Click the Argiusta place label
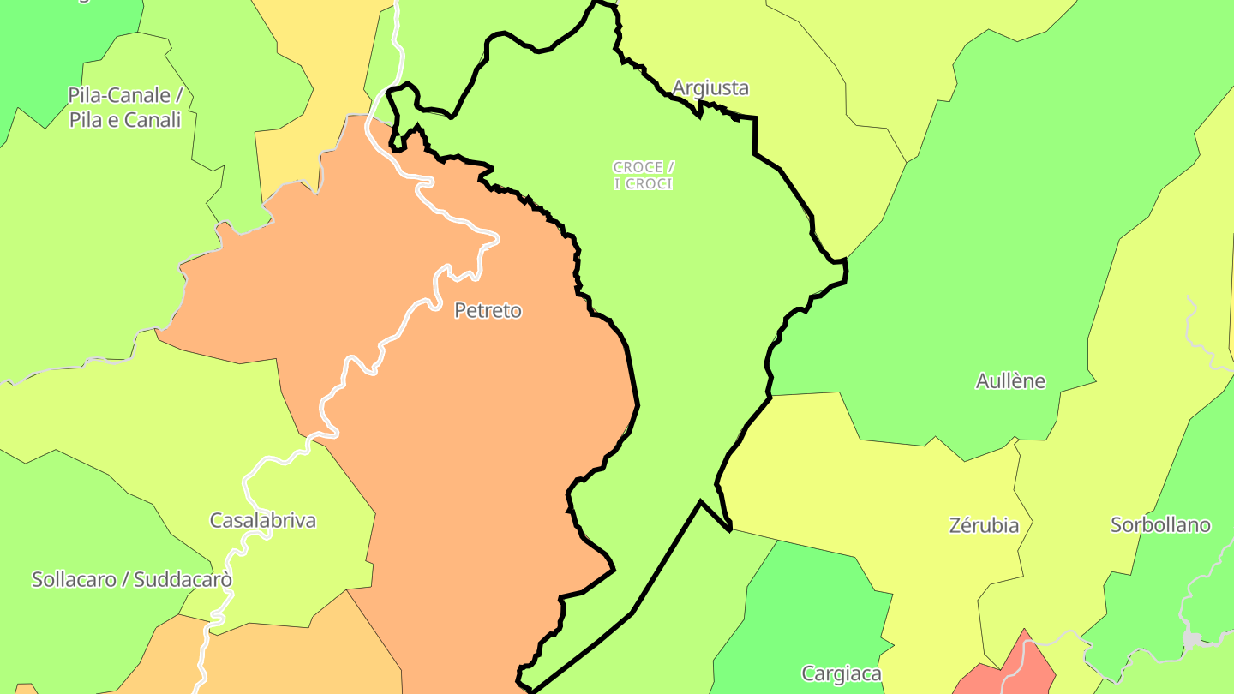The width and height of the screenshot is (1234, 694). [x=710, y=87]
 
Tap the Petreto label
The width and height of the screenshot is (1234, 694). [x=488, y=310]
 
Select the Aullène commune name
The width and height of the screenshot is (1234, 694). [x=1010, y=381]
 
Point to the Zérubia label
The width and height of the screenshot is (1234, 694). [x=984, y=525]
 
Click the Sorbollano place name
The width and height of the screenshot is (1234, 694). [x=1160, y=525]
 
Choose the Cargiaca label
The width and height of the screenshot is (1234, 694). [x=841, y=674]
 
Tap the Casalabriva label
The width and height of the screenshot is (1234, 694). [x=263, y=520]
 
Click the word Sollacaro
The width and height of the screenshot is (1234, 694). [x=74, y=579]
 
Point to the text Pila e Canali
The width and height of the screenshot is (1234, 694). [x=125, y=120]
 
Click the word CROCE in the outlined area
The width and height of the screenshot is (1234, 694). [x=638, y=167]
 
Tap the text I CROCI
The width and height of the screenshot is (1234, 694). [x=643, y=184]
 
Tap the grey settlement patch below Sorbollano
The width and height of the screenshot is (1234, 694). [x=1192, y=639]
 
